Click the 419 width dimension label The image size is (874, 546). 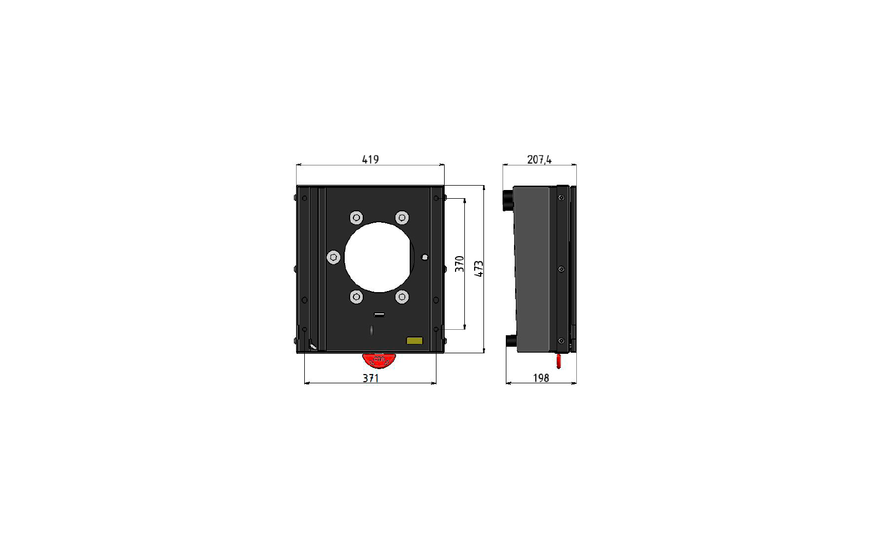point(370,159)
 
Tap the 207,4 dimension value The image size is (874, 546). point(539,159)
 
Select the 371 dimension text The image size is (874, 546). point(371,378)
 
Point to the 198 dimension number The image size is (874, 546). point(541,378)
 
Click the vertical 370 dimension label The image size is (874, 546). point(459,264)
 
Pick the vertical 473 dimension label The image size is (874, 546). point(479,269)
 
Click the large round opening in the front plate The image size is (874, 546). point(379,257)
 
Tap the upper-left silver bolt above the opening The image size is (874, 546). point(356,218)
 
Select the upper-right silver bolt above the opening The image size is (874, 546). point(402,218)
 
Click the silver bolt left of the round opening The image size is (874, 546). point(334,257)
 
